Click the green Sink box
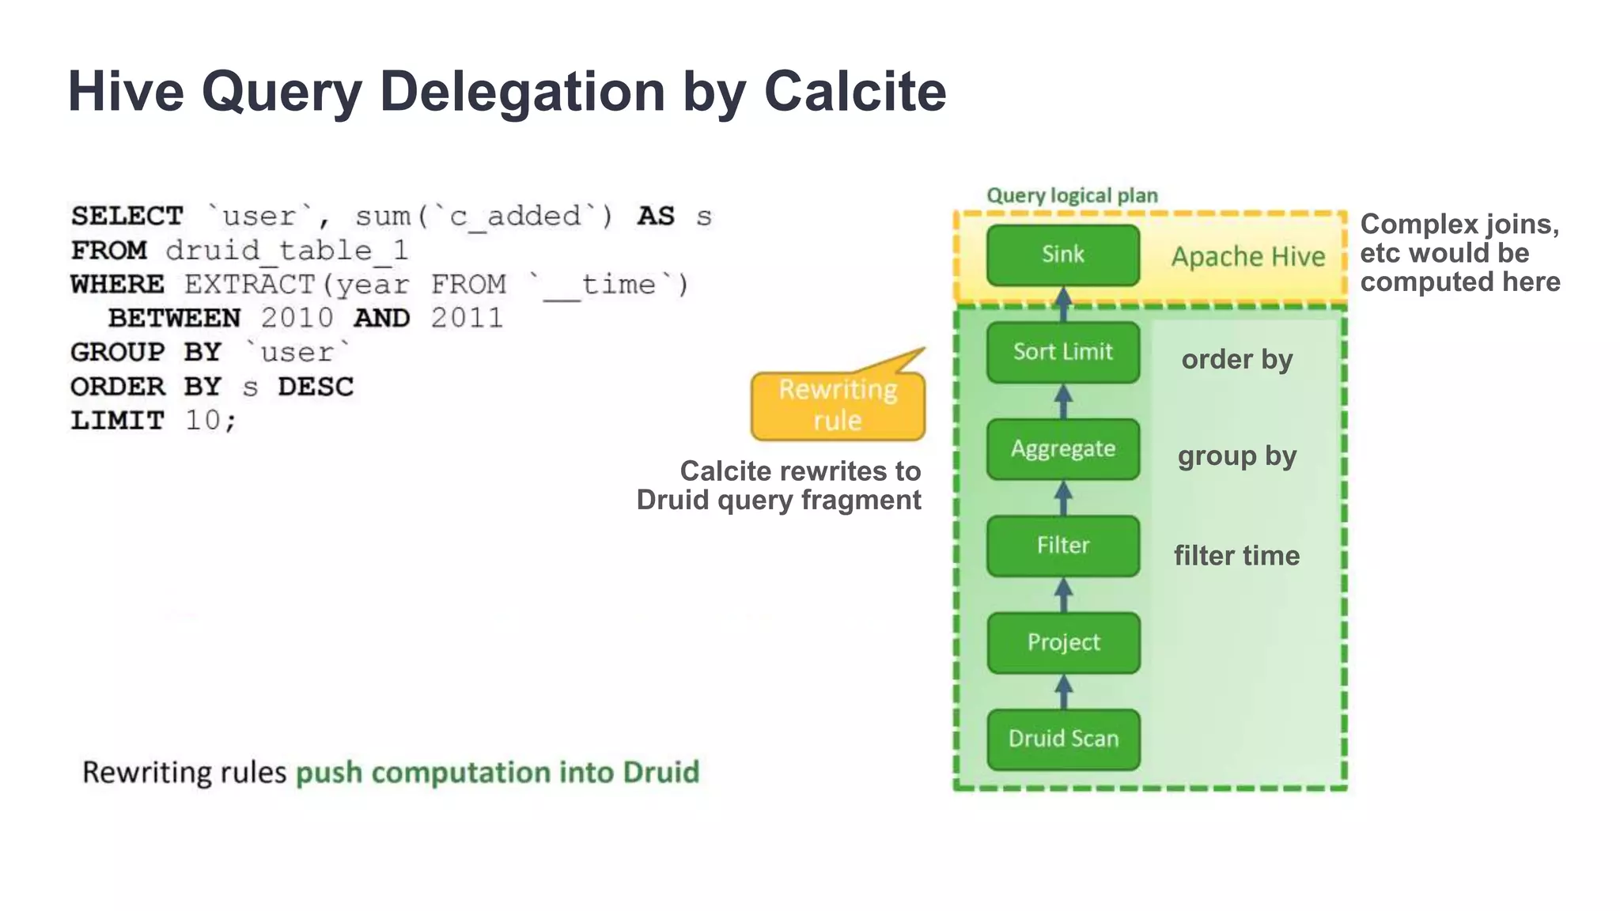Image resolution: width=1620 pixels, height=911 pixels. point(1062,255)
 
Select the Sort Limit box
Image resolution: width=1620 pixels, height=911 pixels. point(1062,352)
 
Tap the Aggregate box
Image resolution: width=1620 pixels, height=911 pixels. point(1062,449)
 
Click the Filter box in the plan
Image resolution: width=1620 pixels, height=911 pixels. point(1062,546)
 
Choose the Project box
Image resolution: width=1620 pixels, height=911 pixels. point(1062,642)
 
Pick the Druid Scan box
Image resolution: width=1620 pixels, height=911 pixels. point(1062,739)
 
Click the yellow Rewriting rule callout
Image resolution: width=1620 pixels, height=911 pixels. point(838,406)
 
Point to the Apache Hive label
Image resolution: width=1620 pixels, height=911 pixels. point(1247,257)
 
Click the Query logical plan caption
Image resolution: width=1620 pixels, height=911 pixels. point(1072,195)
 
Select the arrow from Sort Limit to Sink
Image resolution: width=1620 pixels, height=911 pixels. point(1064,304)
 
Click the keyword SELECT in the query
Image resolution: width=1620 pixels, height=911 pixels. point(127,216)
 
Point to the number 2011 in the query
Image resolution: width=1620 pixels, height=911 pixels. point(467,318)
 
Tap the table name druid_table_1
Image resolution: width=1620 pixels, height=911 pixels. point(286,251)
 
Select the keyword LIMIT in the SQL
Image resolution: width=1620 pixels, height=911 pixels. point(117,420)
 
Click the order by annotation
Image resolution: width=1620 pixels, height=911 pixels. point(1236,360)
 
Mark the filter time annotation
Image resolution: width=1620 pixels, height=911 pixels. point(1236,555)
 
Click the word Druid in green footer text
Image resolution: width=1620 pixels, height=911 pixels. point(660,772)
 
